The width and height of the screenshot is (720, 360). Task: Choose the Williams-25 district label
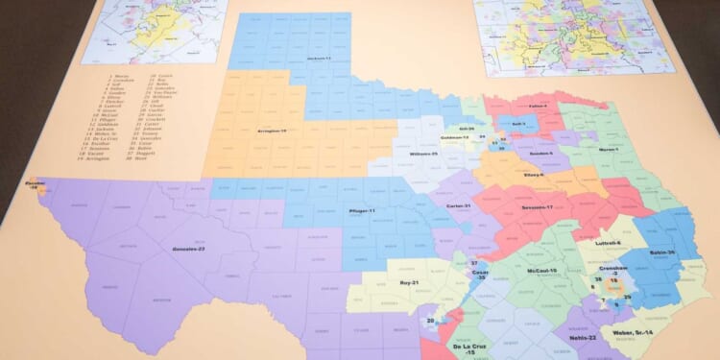coord(423,154)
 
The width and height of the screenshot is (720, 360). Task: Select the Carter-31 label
coord(458,206)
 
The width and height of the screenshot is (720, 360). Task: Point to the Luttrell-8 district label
coord(608,244)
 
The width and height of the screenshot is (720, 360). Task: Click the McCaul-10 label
coord(541,272)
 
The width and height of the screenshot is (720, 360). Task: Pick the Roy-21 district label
coord(411,283)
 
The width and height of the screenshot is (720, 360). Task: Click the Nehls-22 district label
coord(583,337)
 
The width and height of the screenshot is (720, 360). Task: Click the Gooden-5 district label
coord(567,153)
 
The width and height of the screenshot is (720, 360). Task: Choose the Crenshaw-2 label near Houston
coord(613,270)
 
